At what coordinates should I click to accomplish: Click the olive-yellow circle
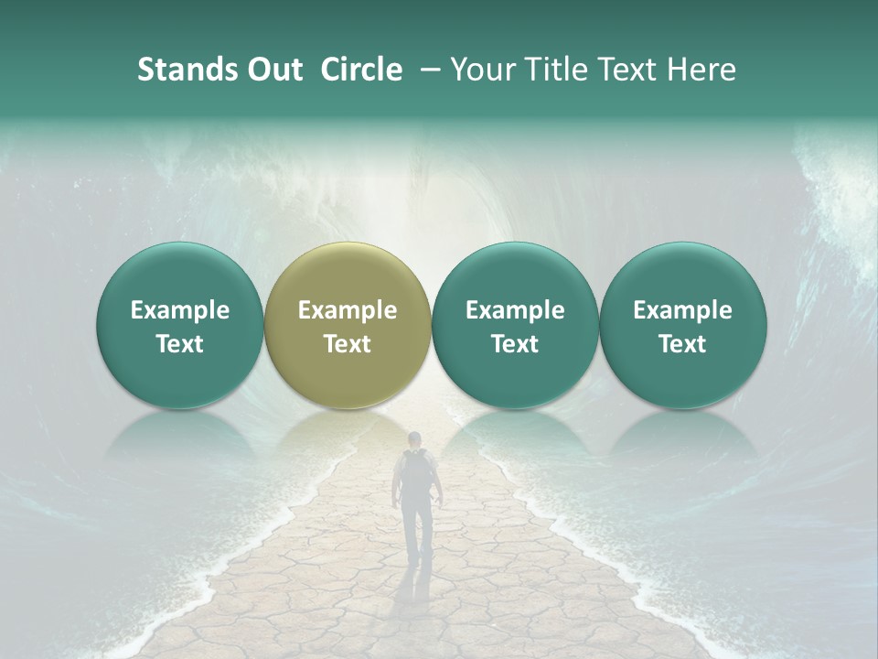(x=347, y=325)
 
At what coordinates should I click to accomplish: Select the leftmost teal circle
(x=179, y=325)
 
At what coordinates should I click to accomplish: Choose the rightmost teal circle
(x=682, y=325)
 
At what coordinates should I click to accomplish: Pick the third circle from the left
(x=515, y=325)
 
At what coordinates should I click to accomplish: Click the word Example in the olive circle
(x=347, y=310)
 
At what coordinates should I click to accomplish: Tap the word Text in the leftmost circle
(x=179, y=344)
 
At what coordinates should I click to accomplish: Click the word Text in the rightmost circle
(x=682, y=344)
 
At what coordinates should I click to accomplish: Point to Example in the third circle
(x=515, y=310)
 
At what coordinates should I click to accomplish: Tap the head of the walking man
(x=415, y=439)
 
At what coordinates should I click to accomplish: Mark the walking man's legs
(x=417, y=531)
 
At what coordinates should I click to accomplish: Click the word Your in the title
(x=479, y=70)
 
